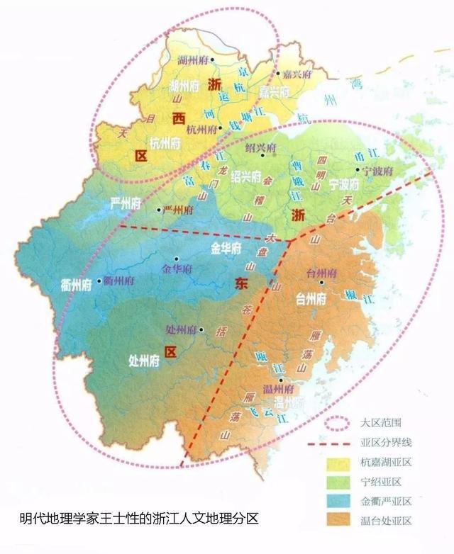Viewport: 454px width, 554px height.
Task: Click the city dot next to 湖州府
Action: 219,72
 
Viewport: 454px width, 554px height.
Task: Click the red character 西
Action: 177,119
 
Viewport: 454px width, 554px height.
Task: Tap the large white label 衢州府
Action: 76,286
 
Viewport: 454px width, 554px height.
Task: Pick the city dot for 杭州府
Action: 220,128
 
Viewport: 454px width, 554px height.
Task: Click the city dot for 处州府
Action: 201,329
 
